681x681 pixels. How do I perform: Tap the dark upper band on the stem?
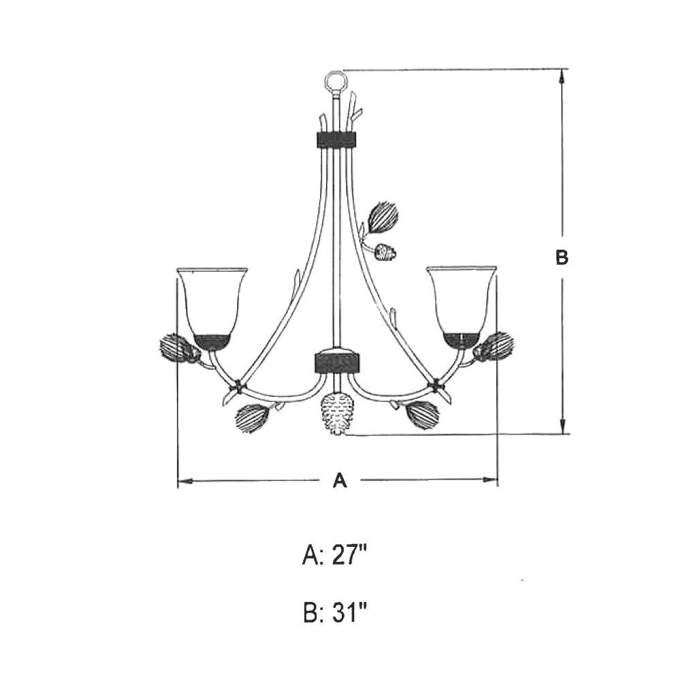pyautogui.click(x=335, y=139)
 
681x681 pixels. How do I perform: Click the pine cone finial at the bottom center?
pyautogui.click(x=337, y=413)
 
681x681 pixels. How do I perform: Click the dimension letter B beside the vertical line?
pyautogui.click(x=562, y=257)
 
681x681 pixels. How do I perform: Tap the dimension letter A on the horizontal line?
pyautogui.click(x=340, y=480)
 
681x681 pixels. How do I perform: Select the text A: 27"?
pyautogui.click(x=334, y=556)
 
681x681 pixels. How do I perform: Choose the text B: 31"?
pyautogui.click(x=334, y=612)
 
